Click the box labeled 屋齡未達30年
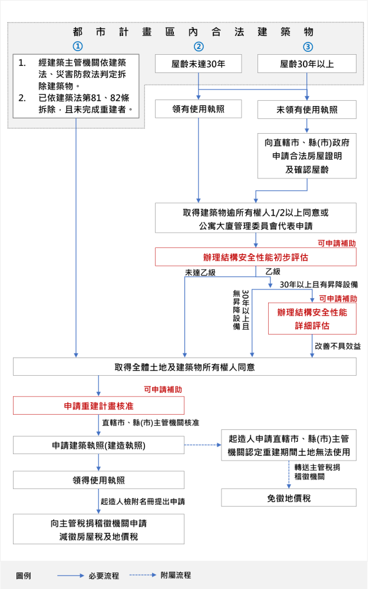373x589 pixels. click(199, 64)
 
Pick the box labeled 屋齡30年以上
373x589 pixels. click(307, 64)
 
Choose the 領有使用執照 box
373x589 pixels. click(199, 109)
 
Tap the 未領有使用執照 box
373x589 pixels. click(307, 110)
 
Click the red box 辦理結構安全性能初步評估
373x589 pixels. click(256, 257)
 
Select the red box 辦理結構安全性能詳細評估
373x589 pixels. click(312, 318)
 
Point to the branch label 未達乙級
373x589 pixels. click(200, 272)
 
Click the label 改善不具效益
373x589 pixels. click(338, 346)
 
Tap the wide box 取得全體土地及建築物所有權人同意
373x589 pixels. click(185, 367)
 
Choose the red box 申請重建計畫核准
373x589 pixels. click(98, 406)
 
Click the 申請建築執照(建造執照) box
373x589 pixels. click(98, 446)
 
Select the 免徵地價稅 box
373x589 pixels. click(289, 498)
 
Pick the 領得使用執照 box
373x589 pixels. click(98, 480)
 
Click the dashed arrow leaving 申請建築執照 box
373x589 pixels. click(202, 446)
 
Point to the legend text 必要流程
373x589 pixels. click(104, 575)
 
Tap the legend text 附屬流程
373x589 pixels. click(176, 575)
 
